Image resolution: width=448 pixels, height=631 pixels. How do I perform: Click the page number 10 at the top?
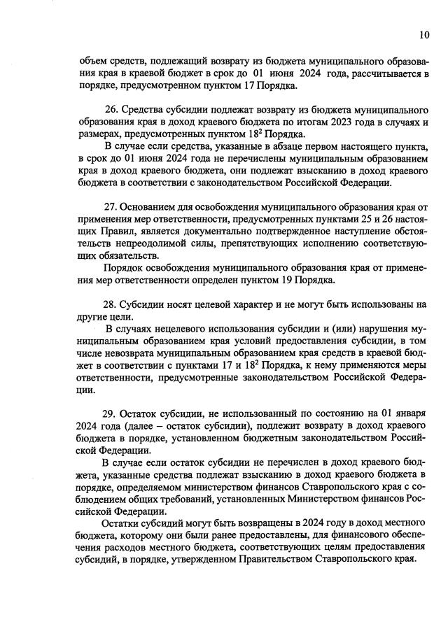pos(425,34)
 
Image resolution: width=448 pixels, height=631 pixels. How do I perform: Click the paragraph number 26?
pos(111,110)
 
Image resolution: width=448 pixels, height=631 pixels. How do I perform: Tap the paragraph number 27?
pos(111,207)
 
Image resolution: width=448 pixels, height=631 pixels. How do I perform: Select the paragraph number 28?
pos(110,304)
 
